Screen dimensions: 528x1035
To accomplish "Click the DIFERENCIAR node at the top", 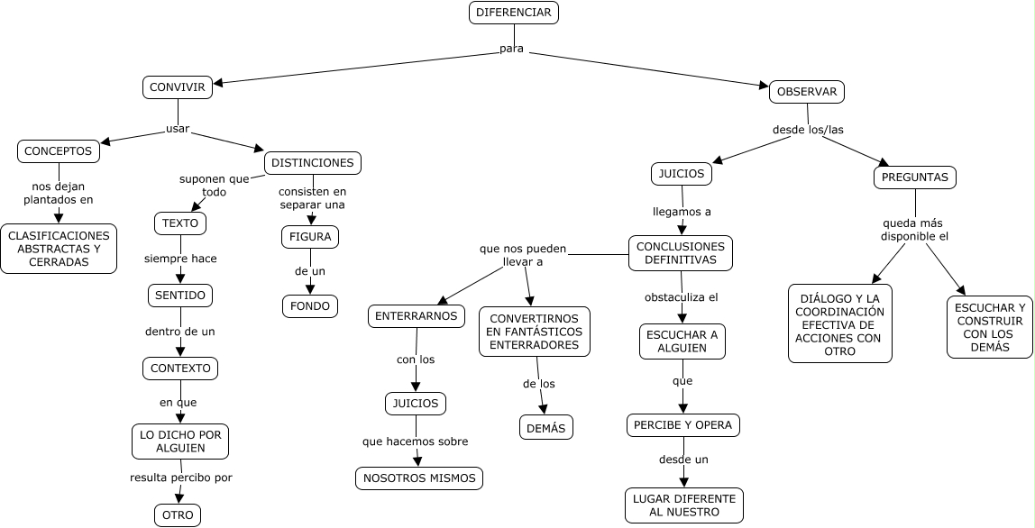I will (514, 13).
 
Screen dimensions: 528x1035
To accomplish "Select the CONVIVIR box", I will (178, 87).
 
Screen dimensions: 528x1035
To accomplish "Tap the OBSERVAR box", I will (807, 92).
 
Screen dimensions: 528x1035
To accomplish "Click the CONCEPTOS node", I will (58, 151).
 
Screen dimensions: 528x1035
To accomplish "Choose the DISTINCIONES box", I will (313, 163).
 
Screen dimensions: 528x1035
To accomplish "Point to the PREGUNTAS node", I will (915, 178).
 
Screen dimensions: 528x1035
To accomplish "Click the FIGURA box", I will (310, 237).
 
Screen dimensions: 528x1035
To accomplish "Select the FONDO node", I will (310, 305).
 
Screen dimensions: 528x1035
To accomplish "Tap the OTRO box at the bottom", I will (178, 515).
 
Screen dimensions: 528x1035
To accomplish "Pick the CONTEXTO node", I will (180, 369).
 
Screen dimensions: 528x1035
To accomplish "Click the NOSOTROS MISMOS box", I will (419, 478).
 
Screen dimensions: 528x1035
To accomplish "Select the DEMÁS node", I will (546, 428).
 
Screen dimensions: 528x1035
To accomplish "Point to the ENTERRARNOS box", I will (417, 316).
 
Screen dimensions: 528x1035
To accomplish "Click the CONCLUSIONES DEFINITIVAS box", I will (681, 253).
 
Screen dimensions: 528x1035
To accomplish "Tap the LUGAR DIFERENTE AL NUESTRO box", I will (684, 505).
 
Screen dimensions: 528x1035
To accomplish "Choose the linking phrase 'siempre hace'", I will (180, 259).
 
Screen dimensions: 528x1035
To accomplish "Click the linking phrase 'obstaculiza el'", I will (681, 296).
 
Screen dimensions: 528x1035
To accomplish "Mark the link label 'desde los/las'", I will (808, 130).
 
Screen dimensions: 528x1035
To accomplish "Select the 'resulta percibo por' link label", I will (181, 478).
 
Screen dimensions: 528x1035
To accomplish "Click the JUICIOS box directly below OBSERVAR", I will (682, 173).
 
